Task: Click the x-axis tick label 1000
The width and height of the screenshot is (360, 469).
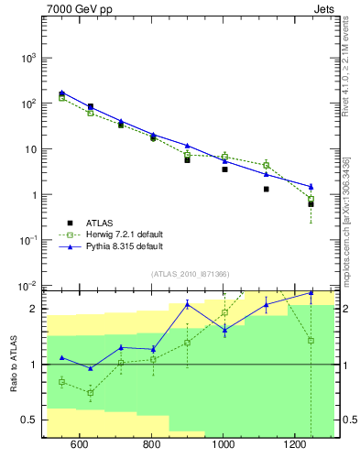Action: [223, 445]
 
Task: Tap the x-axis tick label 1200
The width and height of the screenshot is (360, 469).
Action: [295, 445]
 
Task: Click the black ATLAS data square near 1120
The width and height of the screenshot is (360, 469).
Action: [267, 190]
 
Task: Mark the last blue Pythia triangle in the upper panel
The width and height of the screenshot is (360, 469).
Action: [311, 186]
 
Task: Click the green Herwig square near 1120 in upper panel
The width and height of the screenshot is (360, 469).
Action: [267, 165]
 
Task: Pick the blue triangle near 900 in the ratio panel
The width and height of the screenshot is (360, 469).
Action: [187, 303]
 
